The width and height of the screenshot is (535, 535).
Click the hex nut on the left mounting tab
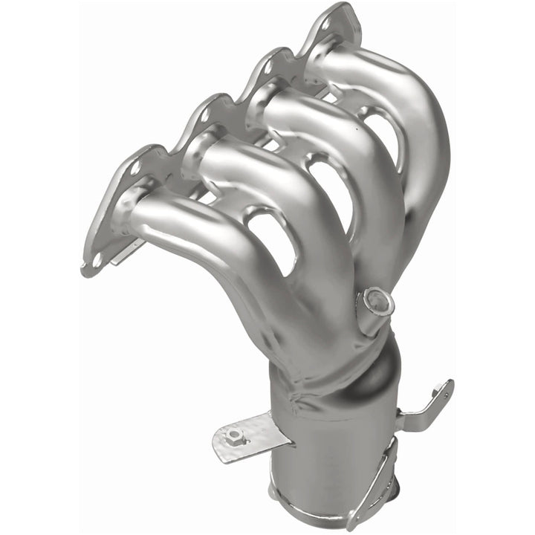pyautogui.click(x=236, y=435)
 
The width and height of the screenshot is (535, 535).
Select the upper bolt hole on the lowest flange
pyautogui.click(x=134, y=168)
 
